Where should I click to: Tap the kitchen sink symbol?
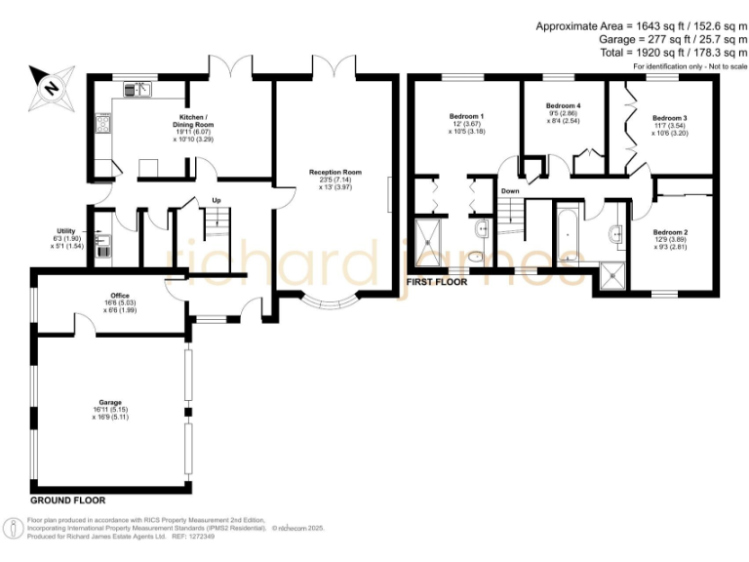tap(137, 89)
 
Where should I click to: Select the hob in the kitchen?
tap(102, 124)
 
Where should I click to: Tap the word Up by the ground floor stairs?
tap(217, 202)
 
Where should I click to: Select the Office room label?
tap(120, 296)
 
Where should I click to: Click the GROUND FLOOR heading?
tap(68, 485)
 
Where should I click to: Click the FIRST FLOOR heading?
tap(436, 282)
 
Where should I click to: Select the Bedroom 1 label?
tap(466, 117)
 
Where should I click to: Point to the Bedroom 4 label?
tap(563, 106)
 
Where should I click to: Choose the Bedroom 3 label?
tap(670, 118)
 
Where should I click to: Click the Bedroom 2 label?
tap(670, 232)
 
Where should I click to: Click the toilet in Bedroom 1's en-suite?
tap(477, 257)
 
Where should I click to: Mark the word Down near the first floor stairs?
tap(510, 191)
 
